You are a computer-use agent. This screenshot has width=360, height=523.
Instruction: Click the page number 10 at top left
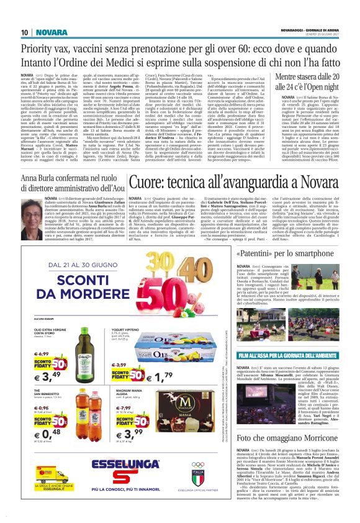pyautogui.click(x=24, y=32)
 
